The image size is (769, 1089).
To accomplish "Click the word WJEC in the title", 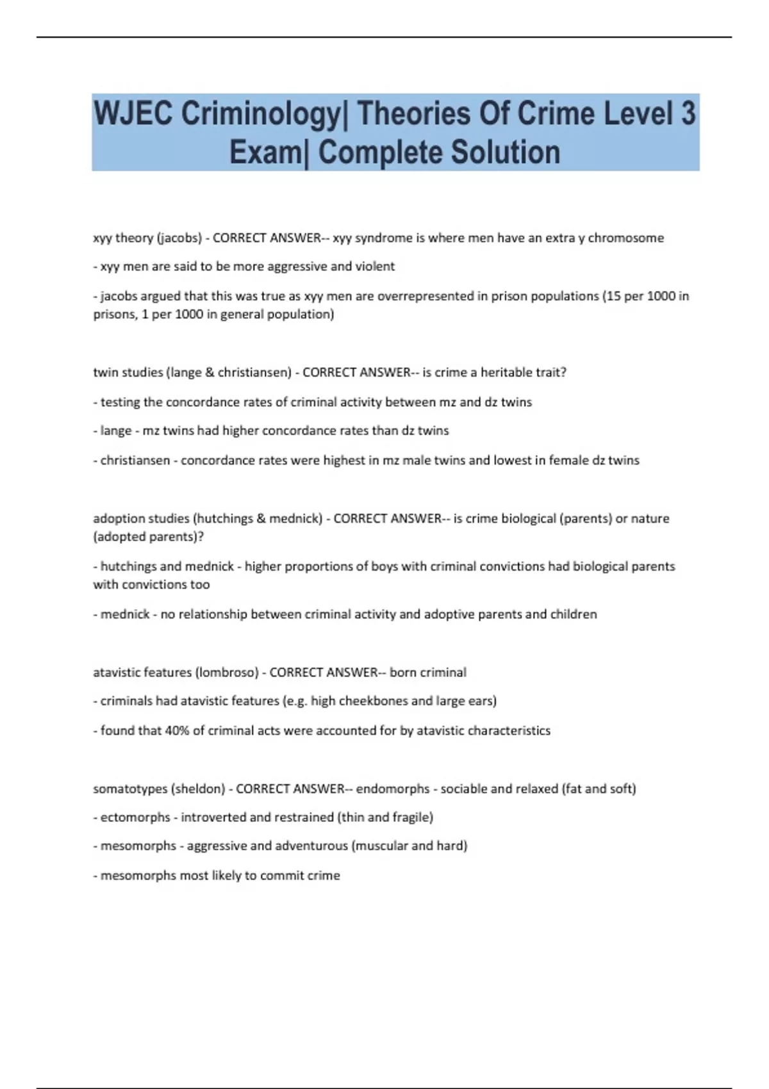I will [x=133, y=114].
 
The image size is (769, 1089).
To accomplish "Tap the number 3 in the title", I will [x=687, y=114].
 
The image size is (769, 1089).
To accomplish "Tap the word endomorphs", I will [x=392, y=789].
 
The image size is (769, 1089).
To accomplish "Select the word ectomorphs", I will [x=135, y=817].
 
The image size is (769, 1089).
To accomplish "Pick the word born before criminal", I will [x=402, y=673].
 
